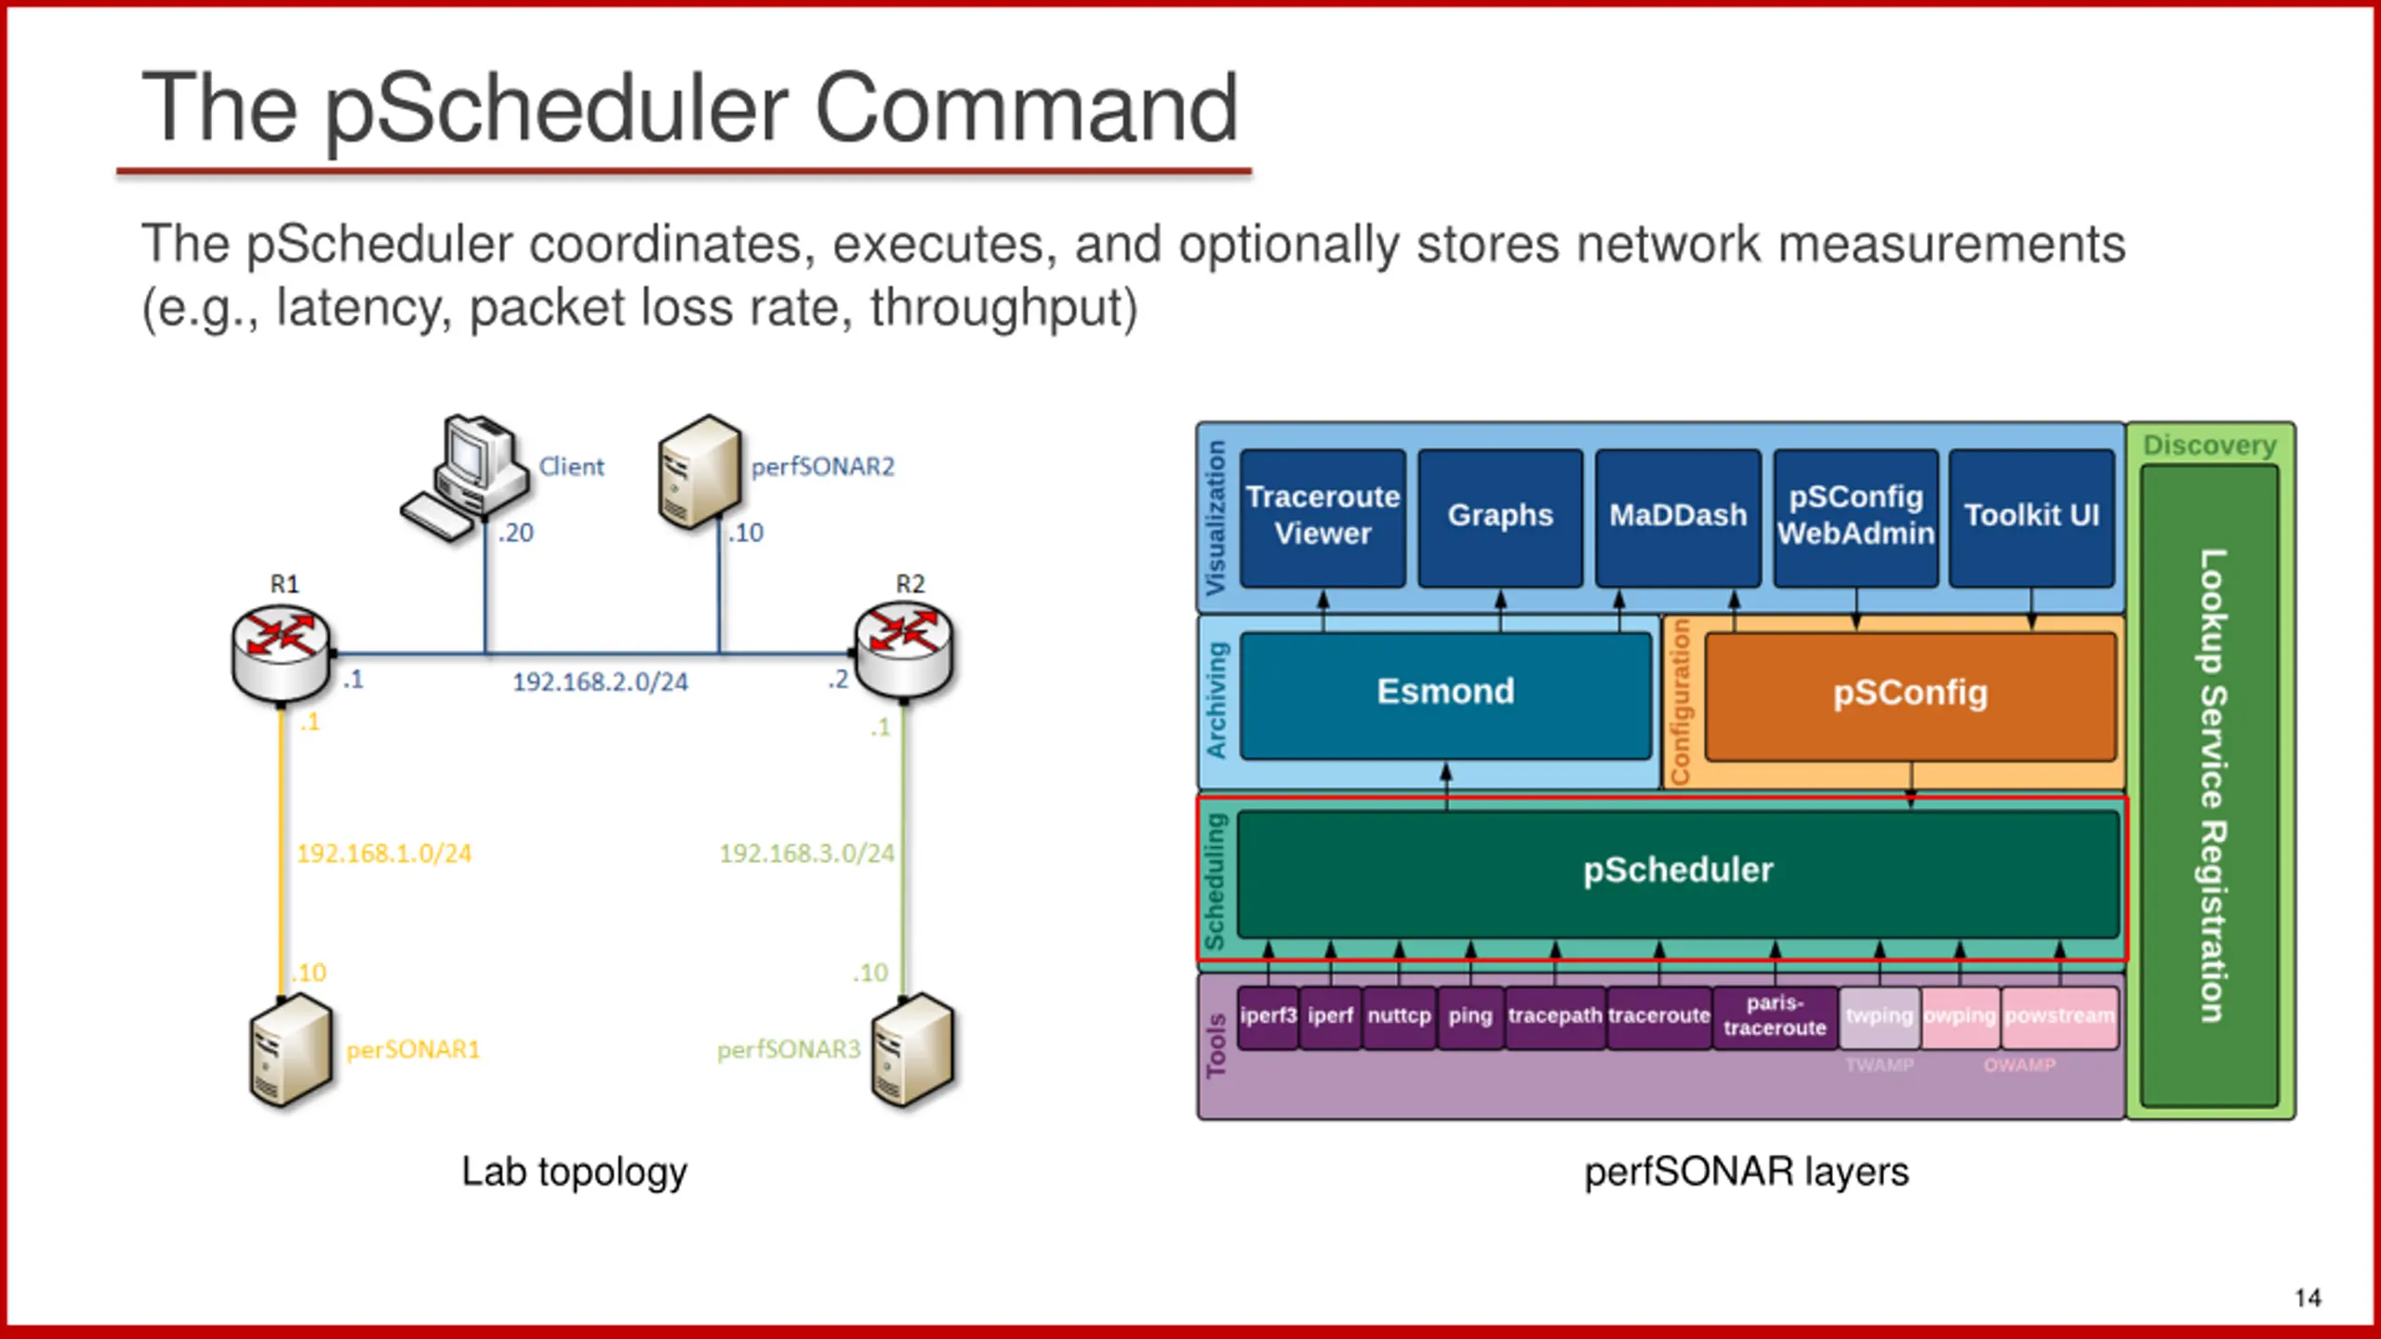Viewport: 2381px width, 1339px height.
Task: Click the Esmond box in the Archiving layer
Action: coord(1445,694)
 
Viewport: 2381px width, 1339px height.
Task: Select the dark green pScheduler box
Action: coord(1678,872)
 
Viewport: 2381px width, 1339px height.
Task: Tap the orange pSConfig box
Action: coord(1910,695)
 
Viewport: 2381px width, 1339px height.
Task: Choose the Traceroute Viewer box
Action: coord(1323,517)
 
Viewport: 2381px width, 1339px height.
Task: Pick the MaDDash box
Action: coord(1678,517)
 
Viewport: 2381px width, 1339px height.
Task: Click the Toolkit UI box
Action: coord(2031,517)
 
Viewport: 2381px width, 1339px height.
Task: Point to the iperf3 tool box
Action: coord(1268,1016)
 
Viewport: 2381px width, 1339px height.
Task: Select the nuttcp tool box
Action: coord(1399,1016)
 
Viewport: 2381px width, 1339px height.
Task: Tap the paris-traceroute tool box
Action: coord(1775,1016)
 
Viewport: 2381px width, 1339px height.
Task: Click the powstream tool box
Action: coord(2059,1016)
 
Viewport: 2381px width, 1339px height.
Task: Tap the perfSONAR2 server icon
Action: coord(699,471)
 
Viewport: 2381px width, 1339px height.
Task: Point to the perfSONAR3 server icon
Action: coord(913,1051)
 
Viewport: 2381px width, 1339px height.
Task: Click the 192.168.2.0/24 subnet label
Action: coord(600,683)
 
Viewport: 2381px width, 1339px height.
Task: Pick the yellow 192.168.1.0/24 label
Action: coord(384,854)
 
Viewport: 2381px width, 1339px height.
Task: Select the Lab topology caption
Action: coord(574,1172)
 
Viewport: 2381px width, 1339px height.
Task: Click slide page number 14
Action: coord(2308,1298)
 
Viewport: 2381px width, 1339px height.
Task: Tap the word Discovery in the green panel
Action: coord(2209,445)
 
